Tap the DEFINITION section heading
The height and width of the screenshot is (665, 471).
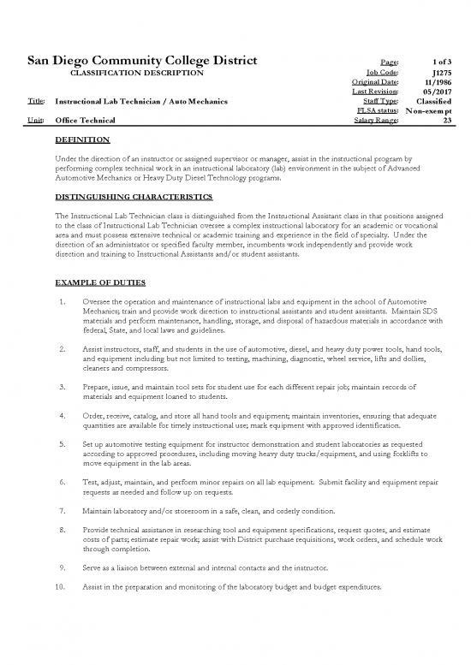(81, 139)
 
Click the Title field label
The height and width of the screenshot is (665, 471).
(33, 102)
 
